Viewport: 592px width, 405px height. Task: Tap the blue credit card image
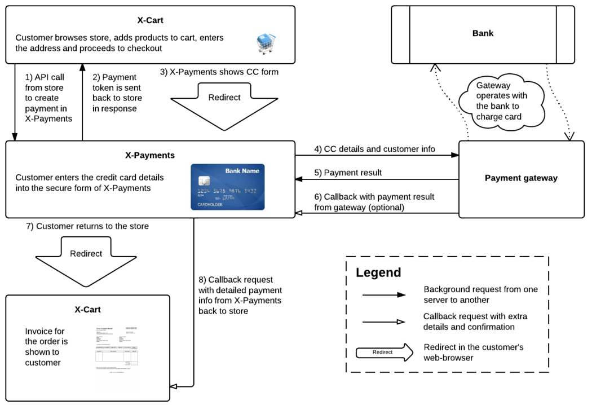coord(227,187)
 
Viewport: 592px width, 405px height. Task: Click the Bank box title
coord(483,33)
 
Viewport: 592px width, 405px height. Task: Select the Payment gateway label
coord(521,178)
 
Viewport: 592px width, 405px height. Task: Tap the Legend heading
coord(378,273)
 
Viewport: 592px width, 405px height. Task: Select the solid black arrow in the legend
coord(384,294)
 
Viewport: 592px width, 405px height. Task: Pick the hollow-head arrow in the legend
coord(384,322)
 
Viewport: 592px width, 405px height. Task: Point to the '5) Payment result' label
coord(348,173)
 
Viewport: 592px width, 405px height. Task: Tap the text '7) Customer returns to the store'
coord(87,226)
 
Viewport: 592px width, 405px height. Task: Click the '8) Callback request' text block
coord(240,295)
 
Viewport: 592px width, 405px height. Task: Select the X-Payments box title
coord(150,155)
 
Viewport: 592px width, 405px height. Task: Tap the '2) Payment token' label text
coord(117,93)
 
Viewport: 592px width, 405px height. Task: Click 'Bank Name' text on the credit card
coord(242,171)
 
